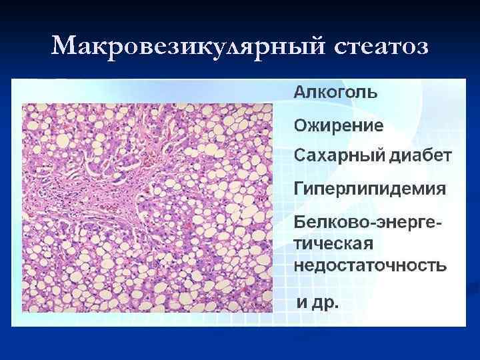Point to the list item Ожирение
click(x=339, y=125)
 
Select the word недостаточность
click(x=371, y=265)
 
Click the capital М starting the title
click(x=64, y=47)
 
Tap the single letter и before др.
click(x=301, y=303)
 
